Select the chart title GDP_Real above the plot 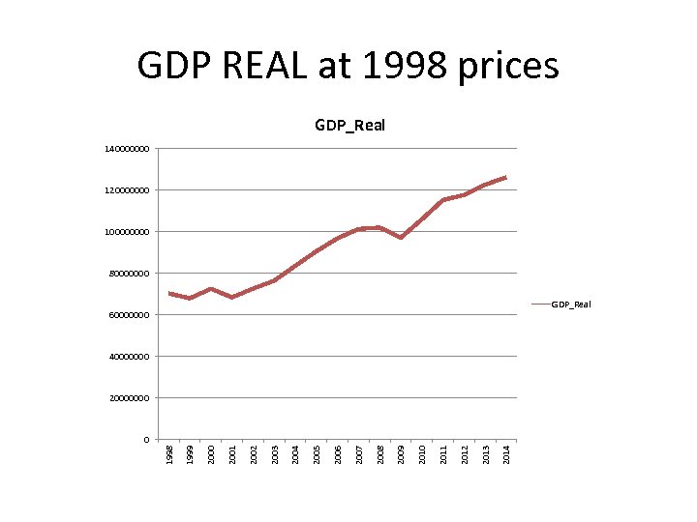click(x=349, y=125)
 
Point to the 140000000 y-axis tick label click(x=128, y=150)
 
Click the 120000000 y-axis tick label click(x=128, y=191)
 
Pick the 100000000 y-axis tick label click(x=128, y=233)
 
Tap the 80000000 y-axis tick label click(x=130, y=275)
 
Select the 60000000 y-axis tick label click(x=130, y=316)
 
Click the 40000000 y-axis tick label click(x=130, y=358)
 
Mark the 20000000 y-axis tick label click(x=130, y=399)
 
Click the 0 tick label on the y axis click(x=146, y=441)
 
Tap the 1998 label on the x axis click(x=169, y=453)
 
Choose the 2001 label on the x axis click(x=232, y=453)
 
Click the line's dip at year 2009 click(x=401, y=237)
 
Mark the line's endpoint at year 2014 click(x=505, y=178)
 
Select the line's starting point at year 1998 click(x=169, y=293)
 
